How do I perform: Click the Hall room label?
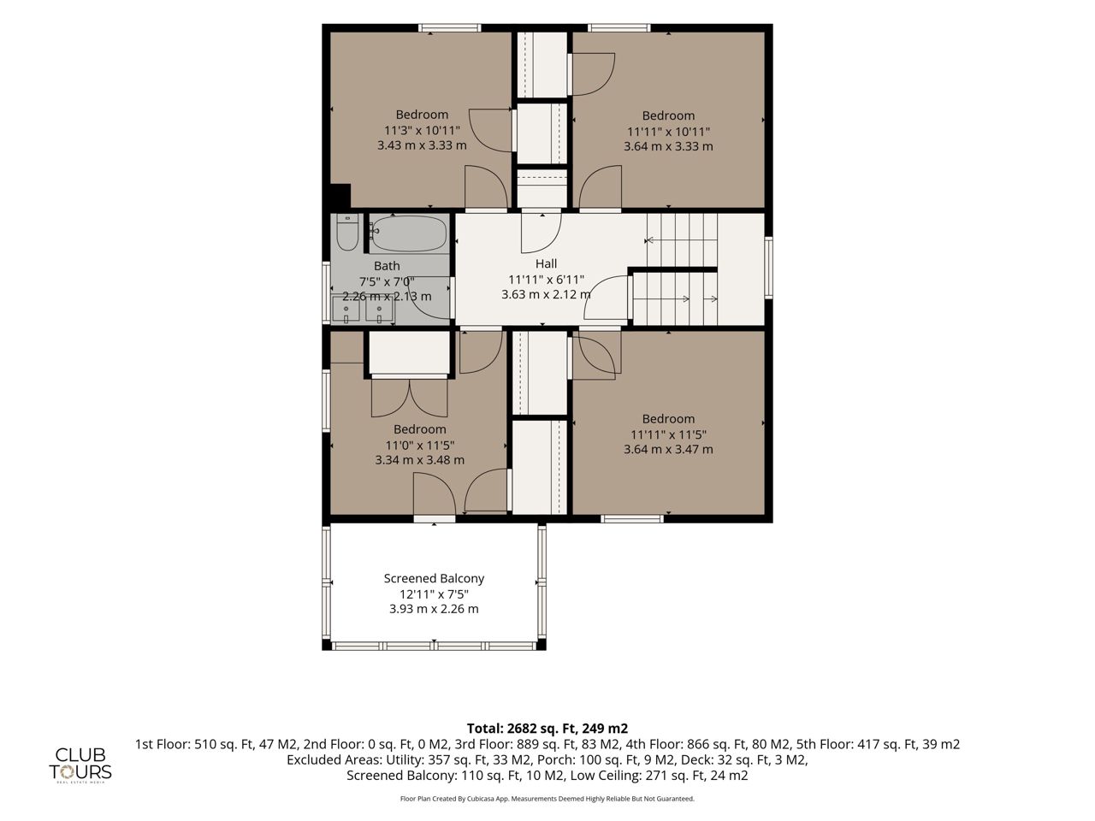546,263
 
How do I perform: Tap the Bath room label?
387,266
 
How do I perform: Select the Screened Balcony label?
434,578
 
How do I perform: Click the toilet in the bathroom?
347,233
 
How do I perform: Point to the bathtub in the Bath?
410,233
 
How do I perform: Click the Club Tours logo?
80,765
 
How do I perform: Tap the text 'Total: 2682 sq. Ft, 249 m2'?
547,729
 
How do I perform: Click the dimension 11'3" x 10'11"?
422,131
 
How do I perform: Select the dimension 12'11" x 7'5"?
434,594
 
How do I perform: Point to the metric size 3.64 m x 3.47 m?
668,449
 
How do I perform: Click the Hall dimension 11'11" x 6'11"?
546,279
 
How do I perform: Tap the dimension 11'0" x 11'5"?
419,445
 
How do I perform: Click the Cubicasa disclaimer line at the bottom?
547,799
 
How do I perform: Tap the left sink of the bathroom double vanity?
346,310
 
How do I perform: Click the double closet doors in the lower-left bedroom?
409,398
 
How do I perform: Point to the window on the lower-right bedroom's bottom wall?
632,518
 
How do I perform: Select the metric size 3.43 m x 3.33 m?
422,145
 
